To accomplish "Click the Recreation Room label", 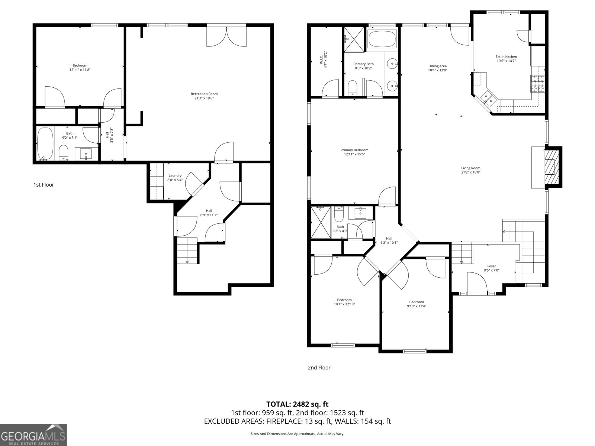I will [204, 94].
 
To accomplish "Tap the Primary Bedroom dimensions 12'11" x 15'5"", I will [354, 154].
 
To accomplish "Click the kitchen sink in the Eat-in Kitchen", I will [488, 98].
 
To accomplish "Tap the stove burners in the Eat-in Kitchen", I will [537, 84].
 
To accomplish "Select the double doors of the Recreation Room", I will [226, 36].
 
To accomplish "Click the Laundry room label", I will [175, 175].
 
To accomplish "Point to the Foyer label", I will [492, 266].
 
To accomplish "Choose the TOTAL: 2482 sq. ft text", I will [297, 404].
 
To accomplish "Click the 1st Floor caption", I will [44, 185].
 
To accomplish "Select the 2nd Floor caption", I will [319, 368].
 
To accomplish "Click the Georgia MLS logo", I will [33, 434].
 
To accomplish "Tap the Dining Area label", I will [437, 66].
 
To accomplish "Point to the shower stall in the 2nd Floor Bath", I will [320, 222].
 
